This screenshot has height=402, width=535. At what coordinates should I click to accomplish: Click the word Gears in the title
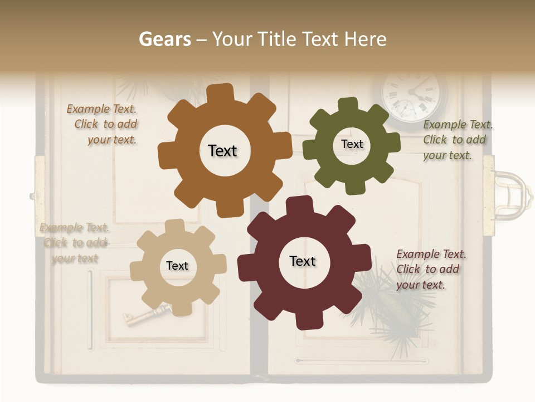[x=164, y=39]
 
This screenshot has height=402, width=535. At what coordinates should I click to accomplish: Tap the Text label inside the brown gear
[x=222, y=151]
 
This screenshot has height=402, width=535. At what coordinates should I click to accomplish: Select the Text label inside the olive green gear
[x=352, y=144]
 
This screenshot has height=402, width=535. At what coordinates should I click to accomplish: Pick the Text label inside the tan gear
[x=177, y=266]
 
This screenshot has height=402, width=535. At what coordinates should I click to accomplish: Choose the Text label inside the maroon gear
[x=303, y=261]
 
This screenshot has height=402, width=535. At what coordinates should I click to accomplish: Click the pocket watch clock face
[x=414, y=95]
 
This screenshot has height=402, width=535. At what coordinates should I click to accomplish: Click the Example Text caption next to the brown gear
[x=103, y=125]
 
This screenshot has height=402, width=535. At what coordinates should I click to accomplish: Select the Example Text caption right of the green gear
[x=457, y=140]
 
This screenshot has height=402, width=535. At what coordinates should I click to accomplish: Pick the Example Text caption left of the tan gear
[x=75, y=243]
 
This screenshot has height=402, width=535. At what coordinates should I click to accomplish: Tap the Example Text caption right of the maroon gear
[x=431, y=269]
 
